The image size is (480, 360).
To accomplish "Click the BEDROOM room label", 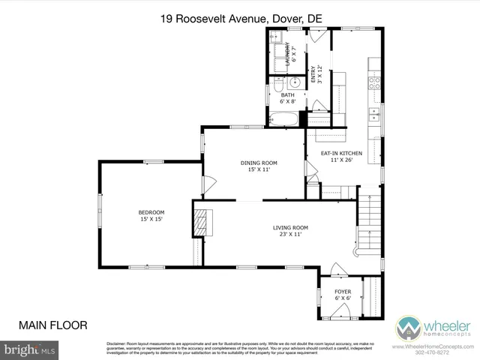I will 151,212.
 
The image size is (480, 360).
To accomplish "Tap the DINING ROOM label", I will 259,163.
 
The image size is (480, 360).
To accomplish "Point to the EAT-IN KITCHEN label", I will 341,153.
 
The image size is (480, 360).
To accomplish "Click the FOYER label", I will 342,292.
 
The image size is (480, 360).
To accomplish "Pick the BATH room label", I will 288,95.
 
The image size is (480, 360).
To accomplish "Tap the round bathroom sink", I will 295,82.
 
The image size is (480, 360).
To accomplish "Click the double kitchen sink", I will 373,115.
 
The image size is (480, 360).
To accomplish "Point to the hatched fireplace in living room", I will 202,221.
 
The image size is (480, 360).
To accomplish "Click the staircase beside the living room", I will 367,225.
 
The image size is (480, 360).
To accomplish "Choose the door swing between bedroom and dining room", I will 209,183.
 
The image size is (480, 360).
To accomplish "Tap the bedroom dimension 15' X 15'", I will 151,220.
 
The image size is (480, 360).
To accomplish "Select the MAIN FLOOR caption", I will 52,325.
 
